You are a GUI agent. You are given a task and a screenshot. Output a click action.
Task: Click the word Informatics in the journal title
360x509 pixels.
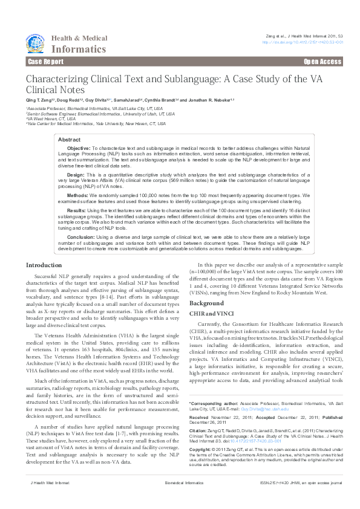pos(79,49)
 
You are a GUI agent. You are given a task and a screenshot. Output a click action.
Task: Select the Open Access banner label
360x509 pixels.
pos(322,62)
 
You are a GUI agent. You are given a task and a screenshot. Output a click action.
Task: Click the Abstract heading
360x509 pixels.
pos(68,140)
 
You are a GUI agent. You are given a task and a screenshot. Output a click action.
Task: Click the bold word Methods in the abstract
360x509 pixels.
pos(77,196)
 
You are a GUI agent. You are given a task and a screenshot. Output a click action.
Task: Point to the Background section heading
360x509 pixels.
pos(207,302)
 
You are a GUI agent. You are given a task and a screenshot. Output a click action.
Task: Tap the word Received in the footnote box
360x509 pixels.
pos(199,418)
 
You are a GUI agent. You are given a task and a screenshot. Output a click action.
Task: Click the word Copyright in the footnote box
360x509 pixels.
pos(201,450)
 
